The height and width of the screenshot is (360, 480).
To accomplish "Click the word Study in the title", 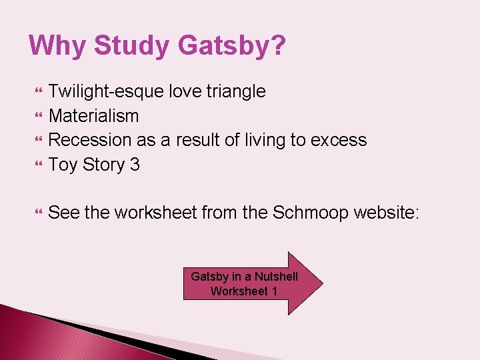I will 132,46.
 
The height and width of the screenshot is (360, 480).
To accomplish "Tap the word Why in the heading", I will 58,46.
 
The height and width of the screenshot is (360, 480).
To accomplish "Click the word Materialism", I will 94,116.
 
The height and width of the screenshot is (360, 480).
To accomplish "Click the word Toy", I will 63,165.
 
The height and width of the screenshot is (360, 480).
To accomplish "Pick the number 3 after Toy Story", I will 135,165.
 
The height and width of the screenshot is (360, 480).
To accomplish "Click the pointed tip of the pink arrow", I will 322,283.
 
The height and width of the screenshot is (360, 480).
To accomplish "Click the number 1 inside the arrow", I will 274,291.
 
